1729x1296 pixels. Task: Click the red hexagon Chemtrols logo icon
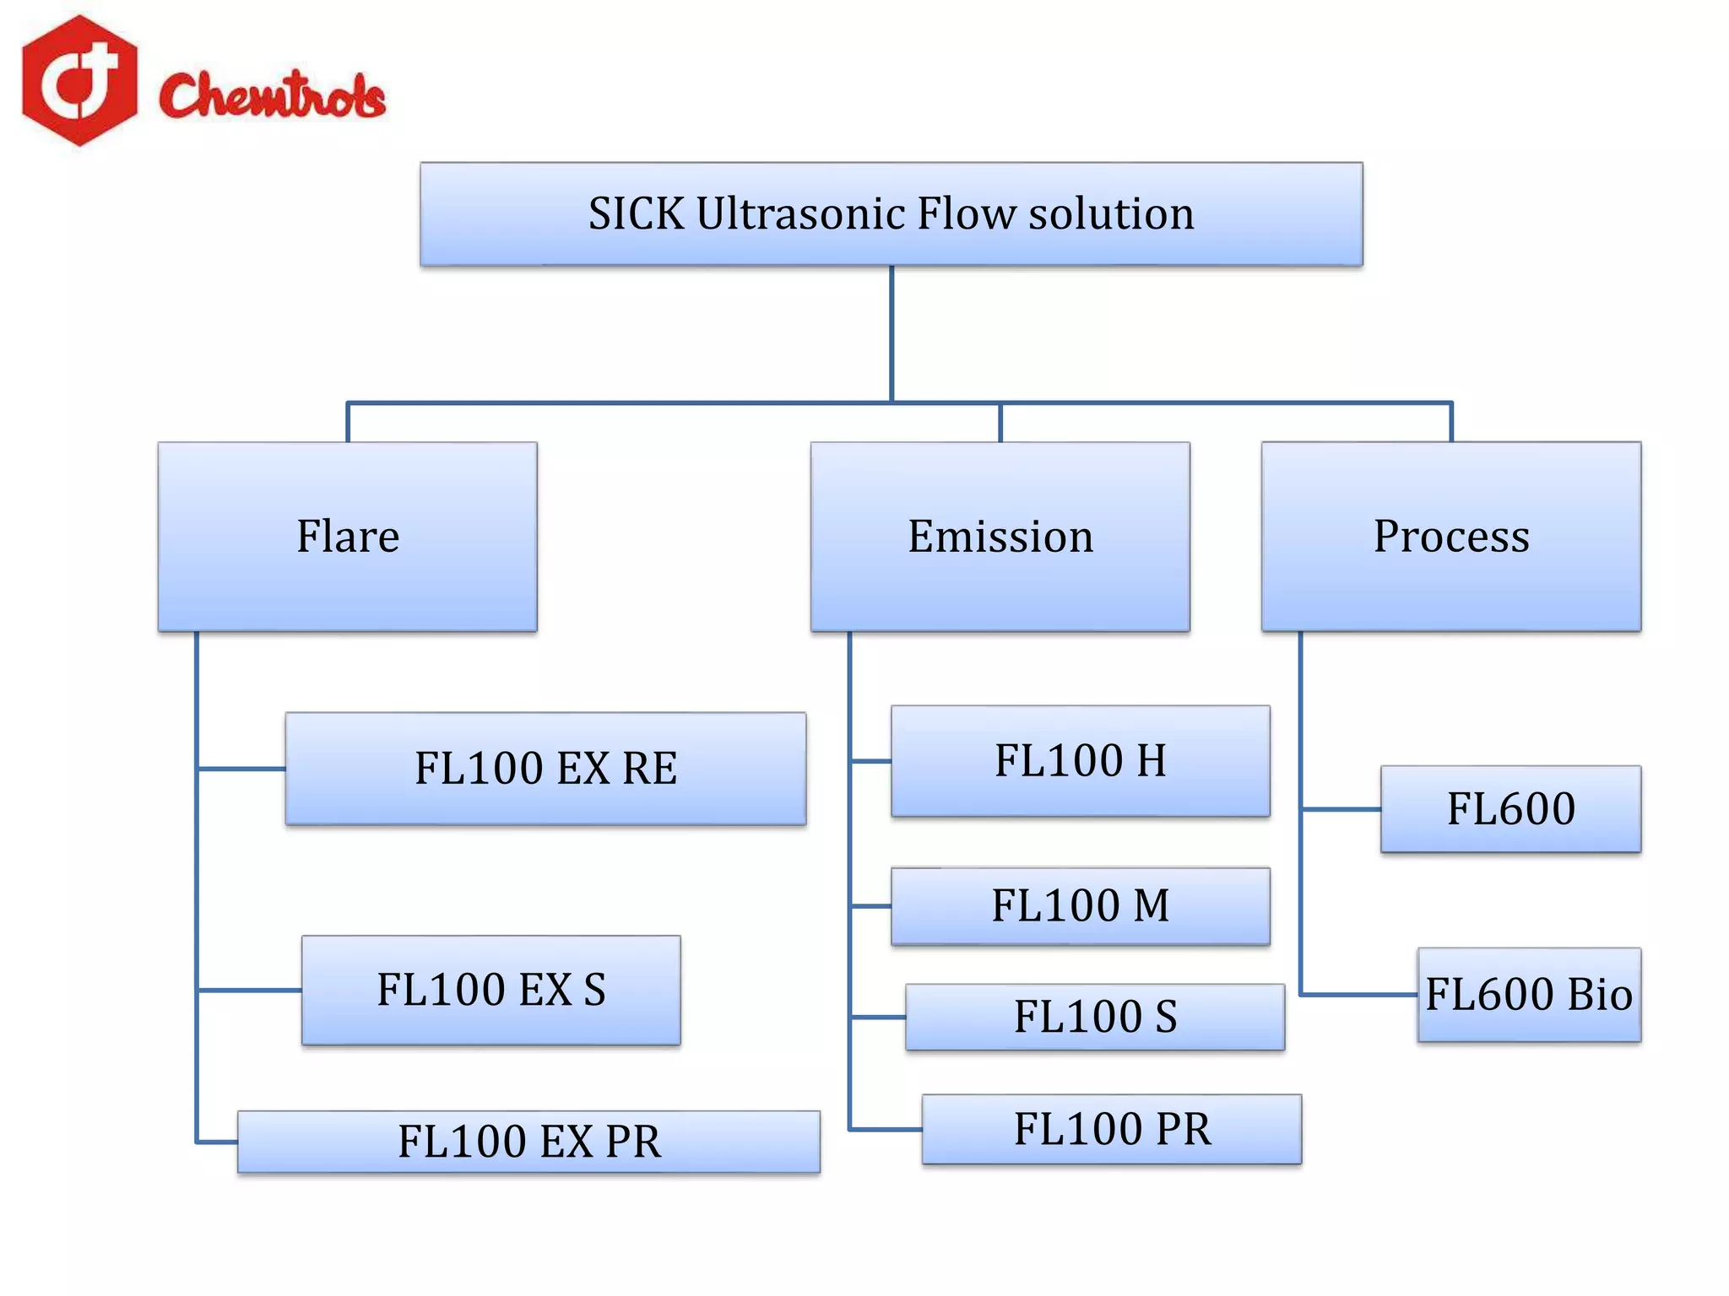(x=79, y=80)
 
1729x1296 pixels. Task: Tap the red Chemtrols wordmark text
(x=272, y=94)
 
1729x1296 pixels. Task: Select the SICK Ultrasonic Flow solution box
(x=891, y=214)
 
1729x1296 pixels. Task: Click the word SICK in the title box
(x=635, y=214)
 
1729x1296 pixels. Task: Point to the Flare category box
(x=347, y=537)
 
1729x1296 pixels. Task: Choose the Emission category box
(x=1000, y=537)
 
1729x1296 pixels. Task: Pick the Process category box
(x=1450, y=537)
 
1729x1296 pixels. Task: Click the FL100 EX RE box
(x=545, y=769)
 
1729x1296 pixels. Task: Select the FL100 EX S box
(x=491, y=990)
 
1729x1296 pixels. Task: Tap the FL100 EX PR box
(x=528, y=1142)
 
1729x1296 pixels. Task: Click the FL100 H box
(x=1080, y=761)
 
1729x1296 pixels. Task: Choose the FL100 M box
(x=1080, y=906)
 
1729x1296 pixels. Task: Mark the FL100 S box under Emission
(x=1094, y=1017)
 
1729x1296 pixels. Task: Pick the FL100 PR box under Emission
(x=1111, y=1129)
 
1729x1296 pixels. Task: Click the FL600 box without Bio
(x=1510, y=809)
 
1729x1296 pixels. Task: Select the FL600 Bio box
(x=1528, y=995)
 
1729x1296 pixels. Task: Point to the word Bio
(x=1599, y=995)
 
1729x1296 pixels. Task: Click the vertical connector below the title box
(x=892, y=334)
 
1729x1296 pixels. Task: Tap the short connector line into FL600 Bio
(x=1359, y=995)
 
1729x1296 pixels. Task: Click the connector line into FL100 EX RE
(x=241, y=769)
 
